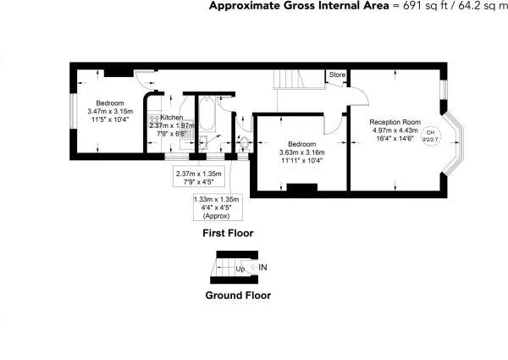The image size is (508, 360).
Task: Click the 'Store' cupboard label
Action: click(338, 75)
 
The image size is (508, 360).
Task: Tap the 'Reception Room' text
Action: click(395, 122)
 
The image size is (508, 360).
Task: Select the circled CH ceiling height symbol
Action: click(430, 134)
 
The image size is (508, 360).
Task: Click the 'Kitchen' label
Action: click(172, 118)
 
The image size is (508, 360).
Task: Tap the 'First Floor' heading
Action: click(227, 232)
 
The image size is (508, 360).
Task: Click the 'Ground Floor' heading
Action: click(238, 296)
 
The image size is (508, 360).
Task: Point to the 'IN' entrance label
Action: click(263, 268)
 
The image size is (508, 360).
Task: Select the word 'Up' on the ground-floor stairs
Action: click(241, 269)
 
